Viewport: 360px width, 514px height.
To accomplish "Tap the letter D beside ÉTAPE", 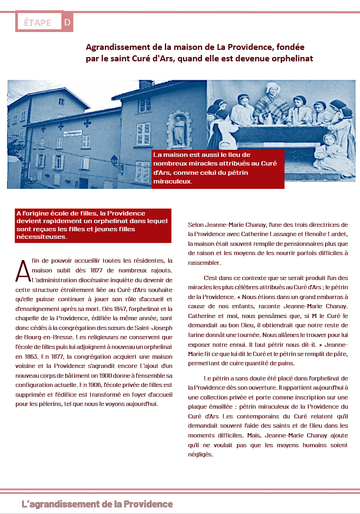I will point(67,22).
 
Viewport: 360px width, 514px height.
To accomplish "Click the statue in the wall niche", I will point(179,129).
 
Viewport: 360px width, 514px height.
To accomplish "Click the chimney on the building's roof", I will point(146,84).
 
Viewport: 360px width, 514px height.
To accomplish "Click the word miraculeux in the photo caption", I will point(173,181).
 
